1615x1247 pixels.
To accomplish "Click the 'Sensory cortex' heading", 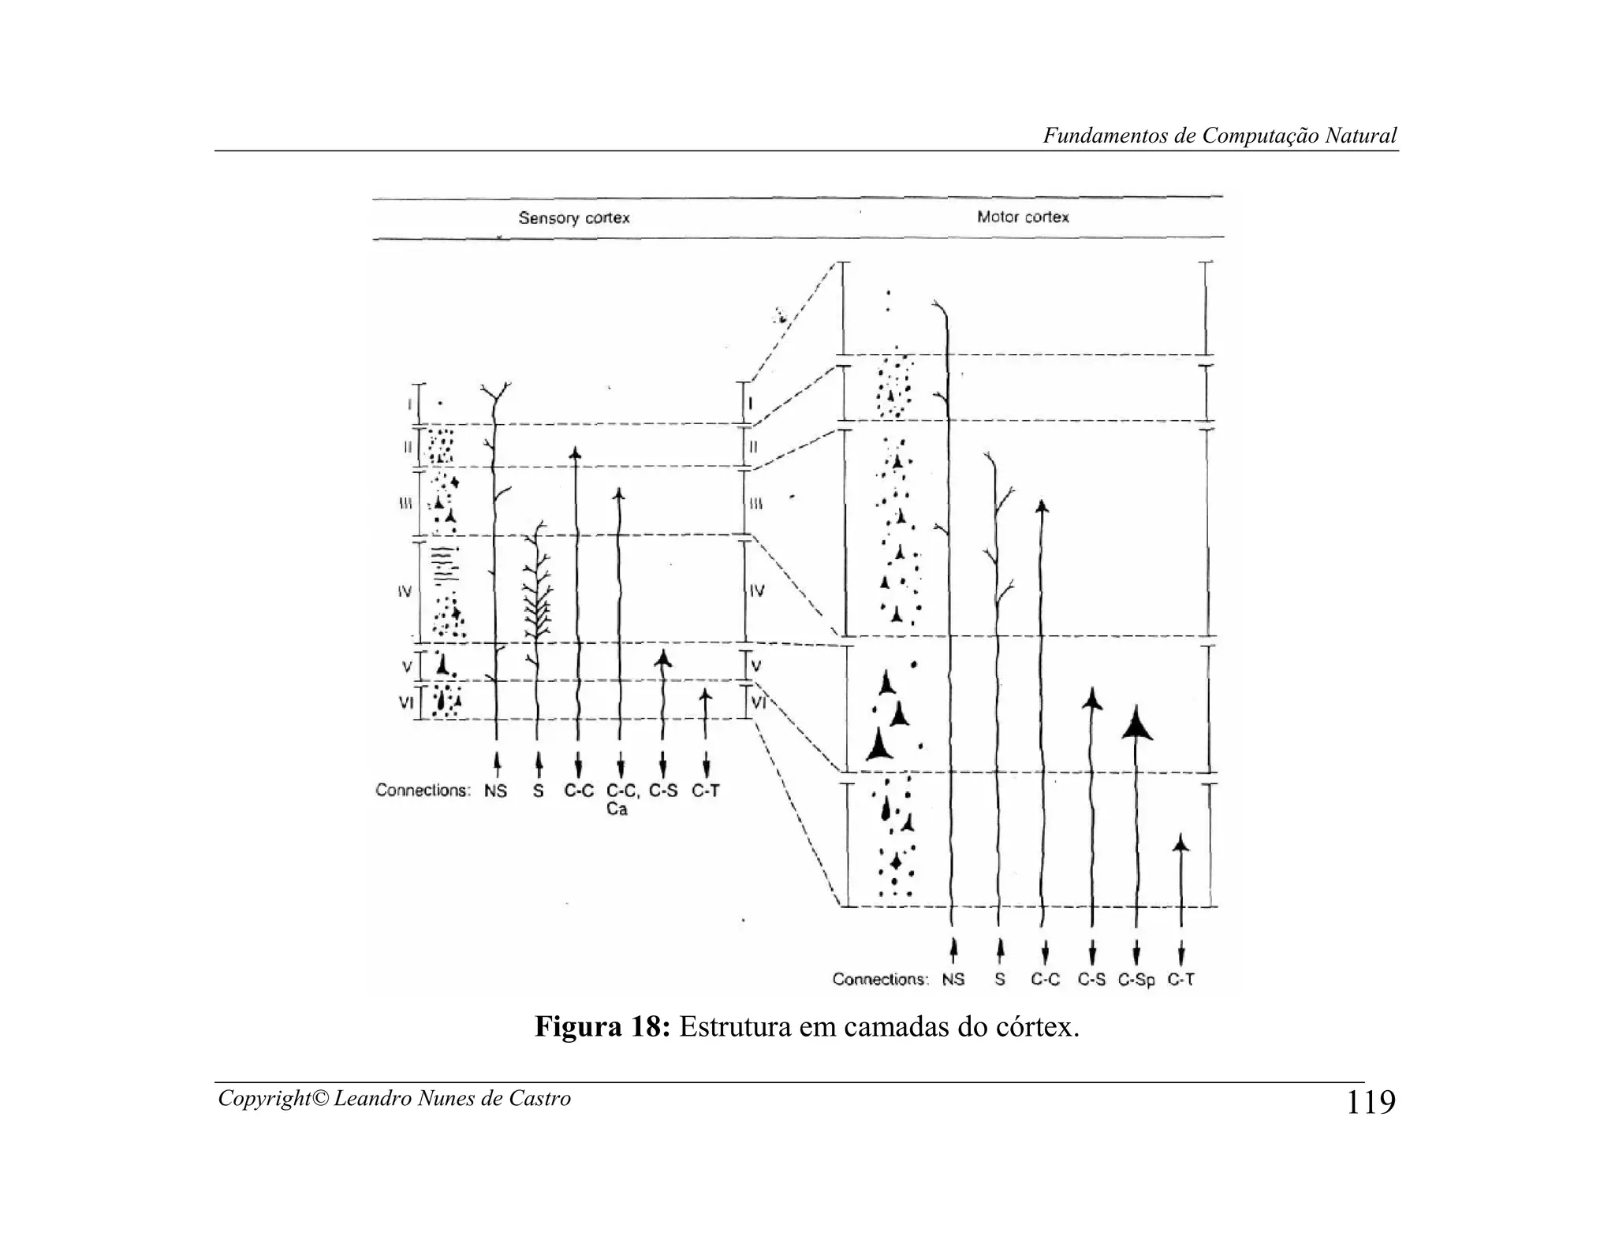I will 573,218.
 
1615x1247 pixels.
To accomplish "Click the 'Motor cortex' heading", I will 1023,217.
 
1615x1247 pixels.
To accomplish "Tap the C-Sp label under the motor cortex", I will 1136,980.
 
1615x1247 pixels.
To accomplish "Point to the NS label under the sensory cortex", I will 495,791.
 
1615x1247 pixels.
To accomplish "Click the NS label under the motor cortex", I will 953,980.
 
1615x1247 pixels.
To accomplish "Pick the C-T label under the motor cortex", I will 1180,980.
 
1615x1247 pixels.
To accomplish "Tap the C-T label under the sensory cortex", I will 705,791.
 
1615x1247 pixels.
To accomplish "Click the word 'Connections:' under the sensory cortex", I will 423,791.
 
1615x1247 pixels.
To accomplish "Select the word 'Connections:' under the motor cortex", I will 880,980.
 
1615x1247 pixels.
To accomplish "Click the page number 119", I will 1371,1102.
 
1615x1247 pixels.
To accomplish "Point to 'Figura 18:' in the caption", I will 602,1027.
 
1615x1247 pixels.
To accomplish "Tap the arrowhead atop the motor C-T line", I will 1180,843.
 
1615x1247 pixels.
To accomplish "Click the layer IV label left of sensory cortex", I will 404,590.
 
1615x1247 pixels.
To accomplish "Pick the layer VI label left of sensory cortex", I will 405,701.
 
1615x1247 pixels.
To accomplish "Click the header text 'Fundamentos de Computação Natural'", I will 1220,136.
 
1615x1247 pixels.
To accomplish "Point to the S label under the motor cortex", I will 999,980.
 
